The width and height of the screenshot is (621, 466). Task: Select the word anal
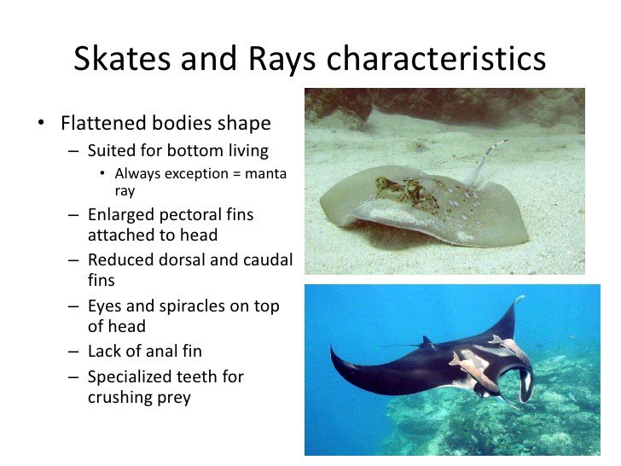(160, 351)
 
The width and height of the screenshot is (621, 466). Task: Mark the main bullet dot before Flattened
(40, 124)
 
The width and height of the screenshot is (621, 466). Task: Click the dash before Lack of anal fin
(74, 351)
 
